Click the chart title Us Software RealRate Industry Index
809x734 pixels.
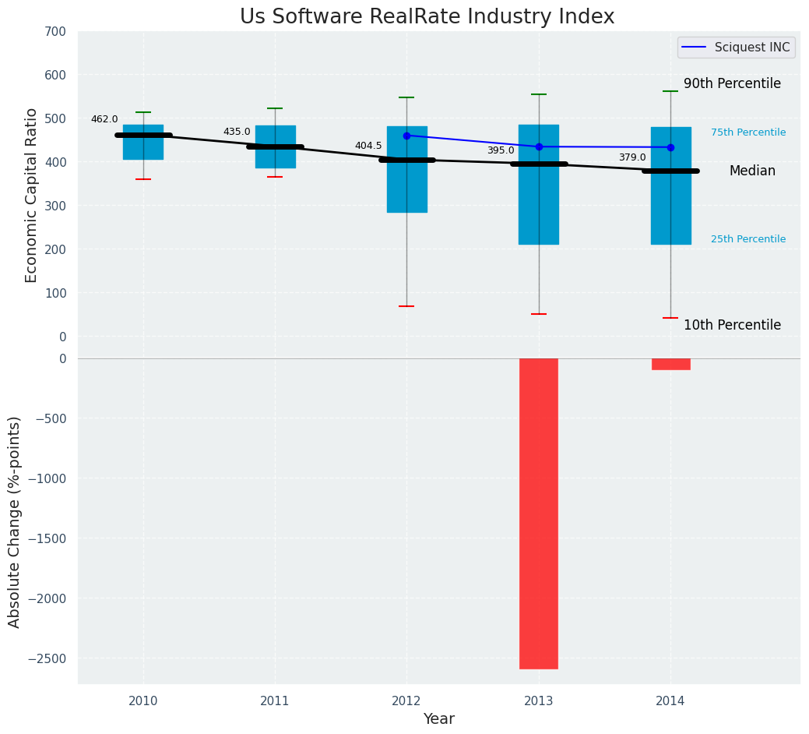427,17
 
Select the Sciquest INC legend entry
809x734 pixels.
736,48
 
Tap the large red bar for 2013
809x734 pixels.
539,513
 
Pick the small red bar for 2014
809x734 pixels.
670,364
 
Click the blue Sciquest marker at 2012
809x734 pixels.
406,136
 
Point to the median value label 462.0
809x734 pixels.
104,119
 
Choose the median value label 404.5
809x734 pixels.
368,146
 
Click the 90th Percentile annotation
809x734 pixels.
732,83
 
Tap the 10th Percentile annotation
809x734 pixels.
732,325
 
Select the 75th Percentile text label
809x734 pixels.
748,132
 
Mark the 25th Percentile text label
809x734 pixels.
748,239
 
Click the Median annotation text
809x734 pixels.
752,171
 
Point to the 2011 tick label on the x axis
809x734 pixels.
275,701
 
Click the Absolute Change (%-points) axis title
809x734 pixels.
14,521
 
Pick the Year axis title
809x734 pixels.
438,719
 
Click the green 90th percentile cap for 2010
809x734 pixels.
143,112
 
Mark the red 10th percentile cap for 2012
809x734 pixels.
406,306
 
